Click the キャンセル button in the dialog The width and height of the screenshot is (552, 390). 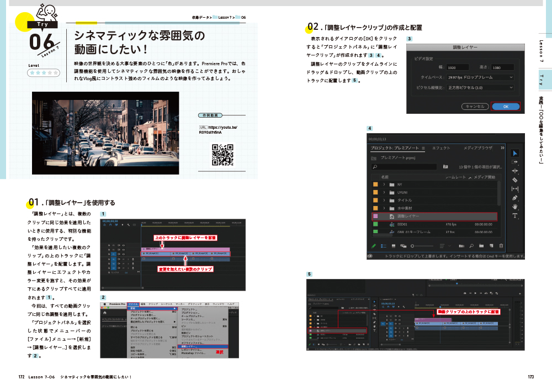tap(474, 107)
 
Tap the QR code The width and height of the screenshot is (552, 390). tap(222, 155)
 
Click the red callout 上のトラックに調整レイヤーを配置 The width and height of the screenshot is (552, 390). tap(185, 238)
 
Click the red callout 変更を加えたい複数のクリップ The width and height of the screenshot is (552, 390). tap(185, 269)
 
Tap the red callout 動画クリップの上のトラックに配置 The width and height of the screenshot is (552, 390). tap(468, 312)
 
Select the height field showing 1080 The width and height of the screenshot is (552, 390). tap(503, 67)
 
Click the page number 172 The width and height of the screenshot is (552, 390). tap(22, 377)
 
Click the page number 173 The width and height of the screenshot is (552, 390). tap(530, 377)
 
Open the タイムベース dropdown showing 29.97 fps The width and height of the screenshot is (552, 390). tap(480, 78)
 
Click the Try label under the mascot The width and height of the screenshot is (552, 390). tap(44, 24)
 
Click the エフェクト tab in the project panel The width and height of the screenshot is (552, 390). tap(441, 148)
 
